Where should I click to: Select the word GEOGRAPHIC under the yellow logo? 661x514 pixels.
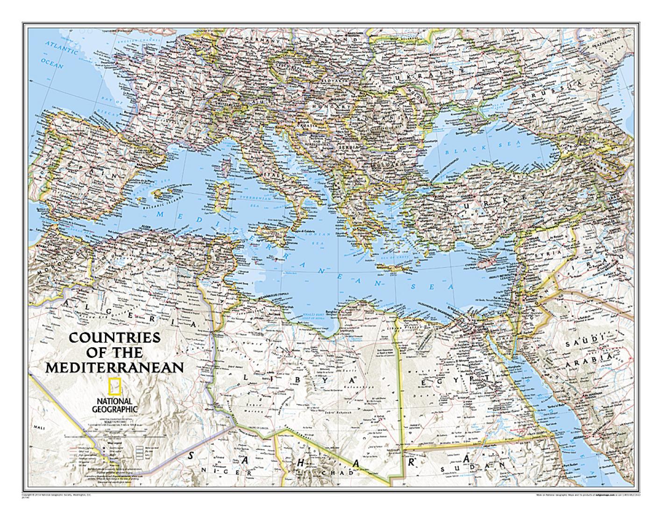[x=115, y=409]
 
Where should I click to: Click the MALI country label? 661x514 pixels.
[x=35, y=427]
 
